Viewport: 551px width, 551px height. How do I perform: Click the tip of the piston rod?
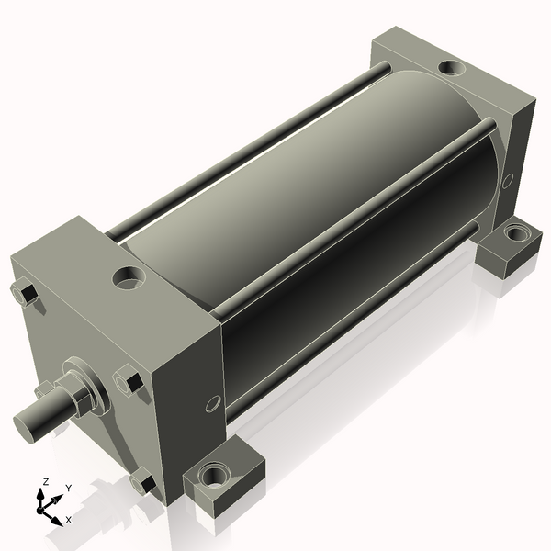[x=28, y=424]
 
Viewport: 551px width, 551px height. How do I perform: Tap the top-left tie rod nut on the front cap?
[x=26, y=294]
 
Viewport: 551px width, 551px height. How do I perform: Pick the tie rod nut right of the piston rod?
[x=129, y=380]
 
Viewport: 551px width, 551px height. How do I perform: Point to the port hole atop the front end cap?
[x=129, y=275]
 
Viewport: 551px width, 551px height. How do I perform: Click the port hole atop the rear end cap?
[x=450, y=67]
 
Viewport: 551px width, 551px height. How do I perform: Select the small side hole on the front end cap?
[x=212, y=403]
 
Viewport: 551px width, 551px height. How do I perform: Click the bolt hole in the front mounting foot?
[x=218, y=477]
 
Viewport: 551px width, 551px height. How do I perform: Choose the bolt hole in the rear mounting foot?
[x=517, y=234]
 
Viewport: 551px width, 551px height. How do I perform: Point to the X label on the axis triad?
[x=68, y=520]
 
